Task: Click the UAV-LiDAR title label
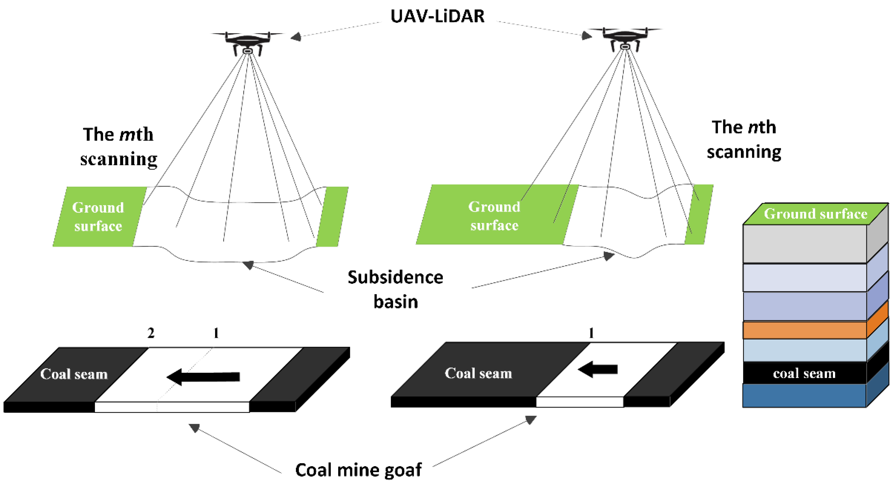(437, 16)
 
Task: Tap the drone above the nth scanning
(625, 38)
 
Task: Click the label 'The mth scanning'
(118, 147)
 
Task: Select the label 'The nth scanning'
(744, 139)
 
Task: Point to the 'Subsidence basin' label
(395, 289)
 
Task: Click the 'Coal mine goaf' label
(358, 470)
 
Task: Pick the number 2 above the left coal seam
(151, 333)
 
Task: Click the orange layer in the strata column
(804, 330)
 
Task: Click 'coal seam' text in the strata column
(804, 373)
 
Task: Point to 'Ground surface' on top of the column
(815, 214)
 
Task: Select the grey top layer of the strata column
(804, 244)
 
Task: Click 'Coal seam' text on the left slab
(74, 374)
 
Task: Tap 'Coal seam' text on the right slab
(478, 373)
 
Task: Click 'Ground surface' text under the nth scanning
(494, 216)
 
